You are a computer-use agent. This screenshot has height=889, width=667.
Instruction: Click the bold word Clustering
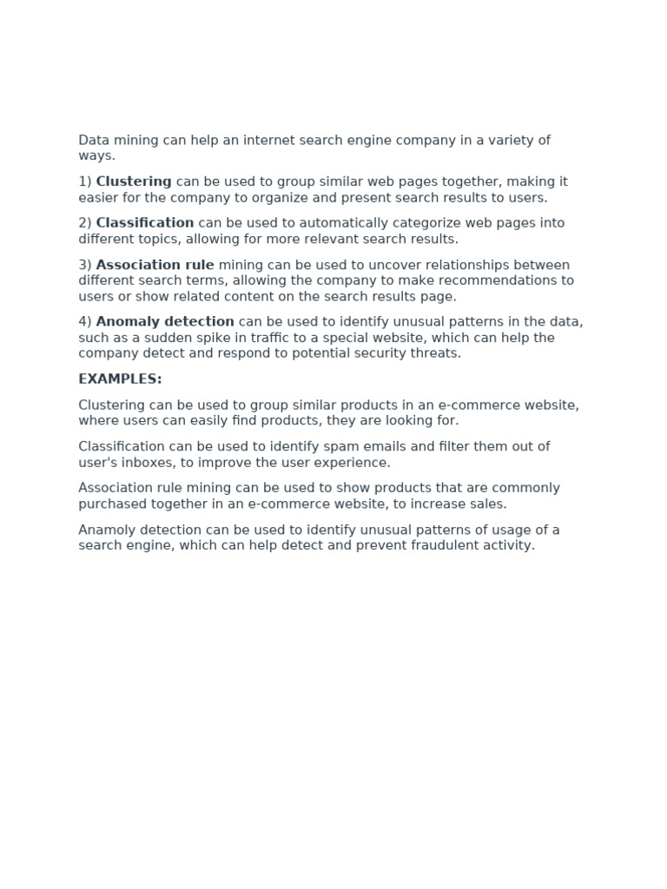[x=134, y=181]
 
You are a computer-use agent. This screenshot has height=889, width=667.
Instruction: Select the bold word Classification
[x=145, y=223]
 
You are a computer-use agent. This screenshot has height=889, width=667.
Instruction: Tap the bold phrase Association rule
[x=155, y=265]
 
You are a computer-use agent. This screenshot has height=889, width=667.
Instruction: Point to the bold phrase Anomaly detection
[x=165, y=322]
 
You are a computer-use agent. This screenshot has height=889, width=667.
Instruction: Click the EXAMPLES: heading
[x=120, y=379]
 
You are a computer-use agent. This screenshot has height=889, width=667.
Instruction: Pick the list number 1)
[x=85, y=181]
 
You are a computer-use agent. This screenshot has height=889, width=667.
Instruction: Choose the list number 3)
[x=85, y=265]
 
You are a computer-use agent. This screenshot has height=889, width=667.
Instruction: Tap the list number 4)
[x=85, y=322]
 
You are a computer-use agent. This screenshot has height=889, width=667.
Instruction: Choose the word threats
[x=436, y=353]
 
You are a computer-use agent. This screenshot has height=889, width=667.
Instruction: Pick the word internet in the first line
[x=267, y=140]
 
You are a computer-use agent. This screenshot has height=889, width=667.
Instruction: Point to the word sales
[x=488, y=504]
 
